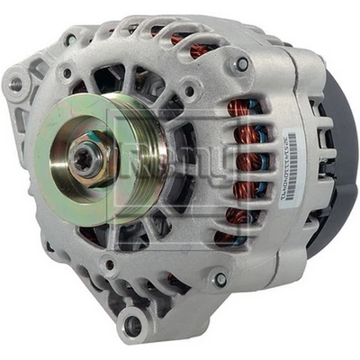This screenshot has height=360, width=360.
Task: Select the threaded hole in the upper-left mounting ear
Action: pos(15,83)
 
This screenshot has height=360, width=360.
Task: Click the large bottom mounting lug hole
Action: pos(134,325)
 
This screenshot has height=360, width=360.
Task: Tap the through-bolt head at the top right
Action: pos(241,64)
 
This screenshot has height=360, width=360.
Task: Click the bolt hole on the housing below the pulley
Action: pos(107,265)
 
